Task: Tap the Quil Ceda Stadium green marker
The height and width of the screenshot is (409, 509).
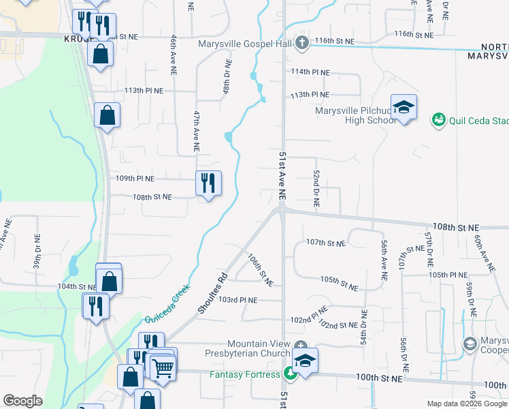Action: tap(439, 120)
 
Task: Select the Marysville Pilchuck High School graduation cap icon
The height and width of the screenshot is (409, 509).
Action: tap(404, 108)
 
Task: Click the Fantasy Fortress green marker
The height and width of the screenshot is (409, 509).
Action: tap(290, 374)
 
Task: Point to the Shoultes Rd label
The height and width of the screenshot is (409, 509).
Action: tap(213, 294)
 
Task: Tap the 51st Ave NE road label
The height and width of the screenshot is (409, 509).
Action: tap(282, 176)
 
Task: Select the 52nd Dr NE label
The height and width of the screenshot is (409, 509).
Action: tap(316, 189)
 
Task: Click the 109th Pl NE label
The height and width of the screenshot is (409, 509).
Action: tap(135, 179)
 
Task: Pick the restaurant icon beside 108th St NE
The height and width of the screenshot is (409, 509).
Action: tap(208, 183)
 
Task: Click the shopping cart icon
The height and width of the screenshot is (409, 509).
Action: tap(162, 368)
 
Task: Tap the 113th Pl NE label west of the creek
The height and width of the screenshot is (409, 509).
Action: tap(144, 90)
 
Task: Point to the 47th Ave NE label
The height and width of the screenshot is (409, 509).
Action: tap(196, 132)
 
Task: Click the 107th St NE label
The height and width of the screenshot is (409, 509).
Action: tap(325, 243)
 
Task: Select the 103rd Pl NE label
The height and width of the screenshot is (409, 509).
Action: tap(237, 300)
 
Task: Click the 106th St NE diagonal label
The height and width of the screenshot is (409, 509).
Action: tap(260, 271)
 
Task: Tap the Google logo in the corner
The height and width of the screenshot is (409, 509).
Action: tap(22, 401)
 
